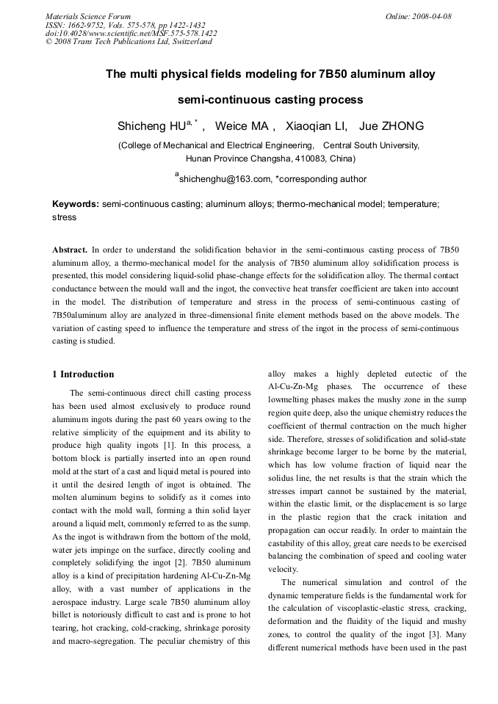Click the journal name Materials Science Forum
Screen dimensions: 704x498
click(88, 16)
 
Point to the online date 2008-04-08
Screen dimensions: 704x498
click(430, 16)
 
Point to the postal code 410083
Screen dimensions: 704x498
click(308, 158)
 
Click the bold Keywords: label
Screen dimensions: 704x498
click(76, 203)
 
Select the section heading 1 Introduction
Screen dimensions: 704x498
click(83, 374)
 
